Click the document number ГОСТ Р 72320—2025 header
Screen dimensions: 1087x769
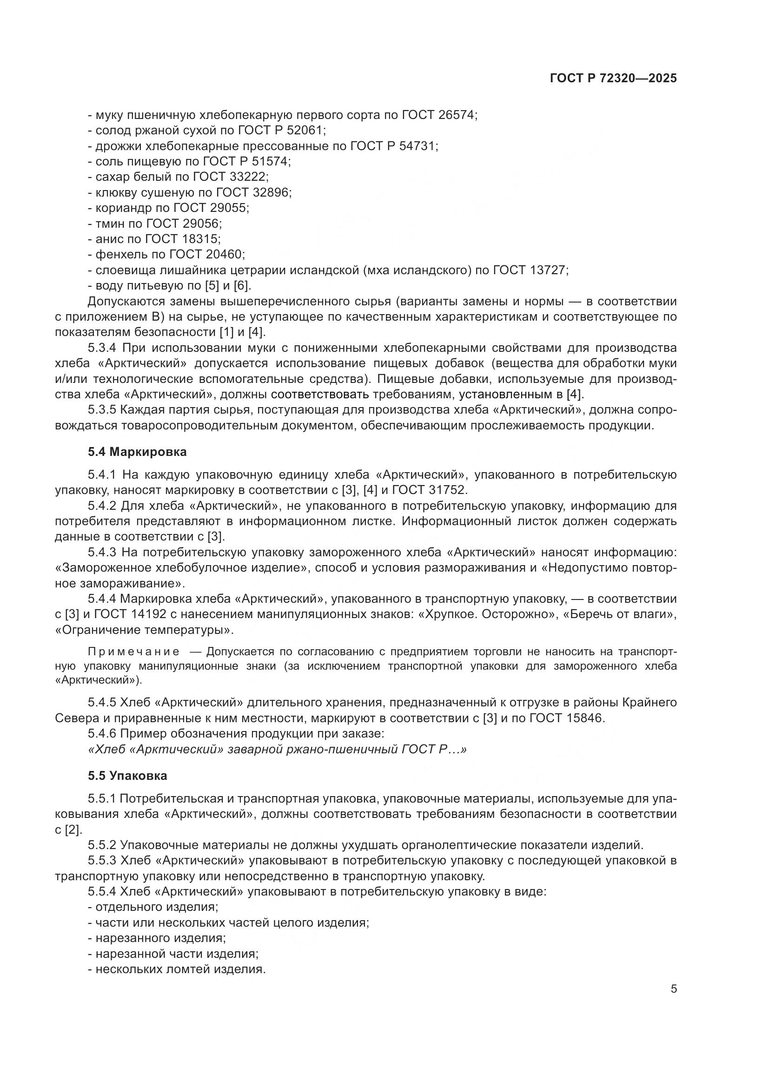[613, 79]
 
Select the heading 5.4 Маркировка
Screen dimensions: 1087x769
[137, 452]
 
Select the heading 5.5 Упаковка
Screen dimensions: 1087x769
[127, 776]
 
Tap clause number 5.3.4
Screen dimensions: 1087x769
[102, 348]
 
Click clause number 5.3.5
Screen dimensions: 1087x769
[102, 410]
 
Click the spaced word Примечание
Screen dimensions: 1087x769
[133, 652]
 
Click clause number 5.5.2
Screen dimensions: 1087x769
[102, 845]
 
